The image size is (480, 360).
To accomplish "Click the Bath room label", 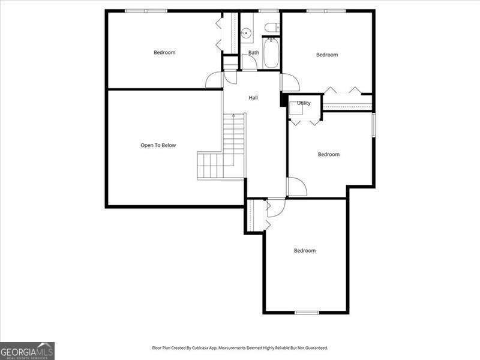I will click(x=254, y=53).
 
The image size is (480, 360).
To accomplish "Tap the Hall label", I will click(x=253, y=97).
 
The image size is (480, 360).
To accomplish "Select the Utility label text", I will click(x=304, y=103).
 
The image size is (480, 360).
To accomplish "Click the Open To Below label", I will click(x=158, y=145).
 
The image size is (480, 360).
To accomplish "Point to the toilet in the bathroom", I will click(x=271, y=27).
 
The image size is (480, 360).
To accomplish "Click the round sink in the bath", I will click(x=245, y=34).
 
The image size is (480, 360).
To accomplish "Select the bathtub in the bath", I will click(x=271, y=53).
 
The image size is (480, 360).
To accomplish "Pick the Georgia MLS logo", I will click(x=27, y=350).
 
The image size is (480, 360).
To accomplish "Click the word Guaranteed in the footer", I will click(x=315, y=348).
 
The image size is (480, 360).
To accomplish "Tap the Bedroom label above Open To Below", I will click(x=164, y=53).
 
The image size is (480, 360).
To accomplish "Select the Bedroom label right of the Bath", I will click(x=327, y=55).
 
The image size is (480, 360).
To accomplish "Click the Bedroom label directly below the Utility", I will click(x=328, y=155).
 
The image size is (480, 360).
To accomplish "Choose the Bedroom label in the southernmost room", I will click(x=304, y=251).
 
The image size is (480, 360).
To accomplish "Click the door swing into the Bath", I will click(x=249, y=62).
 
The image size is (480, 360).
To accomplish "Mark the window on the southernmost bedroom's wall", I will click(x=307, y=312).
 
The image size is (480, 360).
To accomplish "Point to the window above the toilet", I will click(x=268, y=11).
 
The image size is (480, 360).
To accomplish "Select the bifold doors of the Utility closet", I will click(x=306, y=122).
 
